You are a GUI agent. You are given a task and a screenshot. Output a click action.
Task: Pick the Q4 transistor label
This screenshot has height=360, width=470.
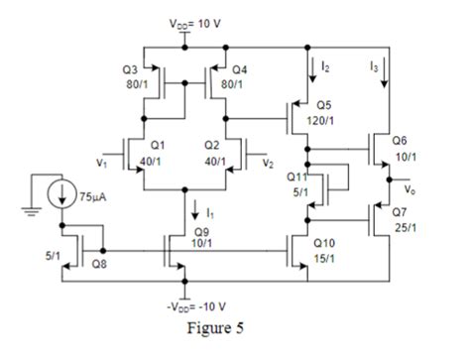point(241,70)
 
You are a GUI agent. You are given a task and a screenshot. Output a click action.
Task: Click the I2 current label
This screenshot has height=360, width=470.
point(325,64)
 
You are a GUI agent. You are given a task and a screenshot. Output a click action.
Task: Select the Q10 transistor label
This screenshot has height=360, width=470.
point(323,242)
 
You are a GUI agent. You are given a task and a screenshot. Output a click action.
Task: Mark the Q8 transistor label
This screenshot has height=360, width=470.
point(99,265)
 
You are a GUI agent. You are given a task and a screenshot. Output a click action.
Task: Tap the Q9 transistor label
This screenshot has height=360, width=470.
point(203,230)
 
